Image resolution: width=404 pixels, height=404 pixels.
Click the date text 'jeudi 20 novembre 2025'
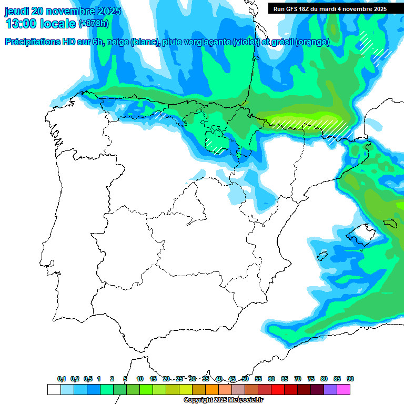click(x=63, y=11)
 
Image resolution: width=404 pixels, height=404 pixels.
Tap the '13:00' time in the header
click(x=21, y=24)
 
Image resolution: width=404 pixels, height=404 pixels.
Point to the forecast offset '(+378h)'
click(x=94, y=24)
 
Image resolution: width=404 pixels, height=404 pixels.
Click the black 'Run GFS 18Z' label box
click(x=330, y=8)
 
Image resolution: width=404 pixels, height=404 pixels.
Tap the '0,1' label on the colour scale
click(x=62, y=379)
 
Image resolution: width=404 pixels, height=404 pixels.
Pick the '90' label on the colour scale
click(x=350, y=379)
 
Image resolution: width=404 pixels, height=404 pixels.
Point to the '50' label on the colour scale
click(x=245, y=379)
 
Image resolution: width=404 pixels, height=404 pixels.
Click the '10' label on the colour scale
click(x=140, y=379)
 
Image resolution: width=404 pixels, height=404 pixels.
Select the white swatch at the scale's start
click(x=54, y=389)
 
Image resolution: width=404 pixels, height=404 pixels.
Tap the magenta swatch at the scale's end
click(x=344, y=389)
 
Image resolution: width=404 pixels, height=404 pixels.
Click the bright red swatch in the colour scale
click(x=278, y=389)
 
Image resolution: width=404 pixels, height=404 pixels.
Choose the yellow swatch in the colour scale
click(x=185, y=389)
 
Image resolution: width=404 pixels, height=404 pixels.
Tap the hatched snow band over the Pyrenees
click(x=310, y=125)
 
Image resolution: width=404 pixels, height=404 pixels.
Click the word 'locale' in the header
click(x=57, y=24)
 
